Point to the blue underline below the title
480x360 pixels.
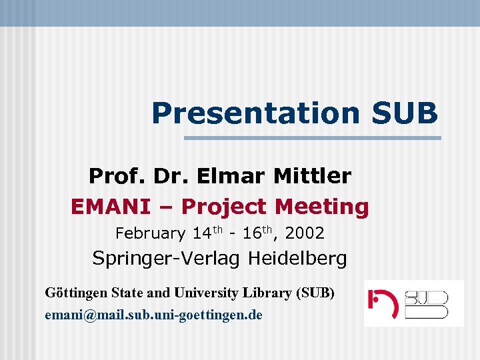coord(312,138)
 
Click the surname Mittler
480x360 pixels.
coord(312,176)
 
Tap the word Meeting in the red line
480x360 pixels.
coord(322,207)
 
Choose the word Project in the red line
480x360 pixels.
coord(223,207)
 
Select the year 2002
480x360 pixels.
coord(305,233)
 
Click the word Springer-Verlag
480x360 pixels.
coord(168,259)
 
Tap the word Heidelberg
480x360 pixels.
coord(298,259)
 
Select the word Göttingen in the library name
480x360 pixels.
coord(74,293)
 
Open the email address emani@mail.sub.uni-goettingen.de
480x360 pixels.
coord(153,314)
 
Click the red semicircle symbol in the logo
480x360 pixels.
coord(386,304)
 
